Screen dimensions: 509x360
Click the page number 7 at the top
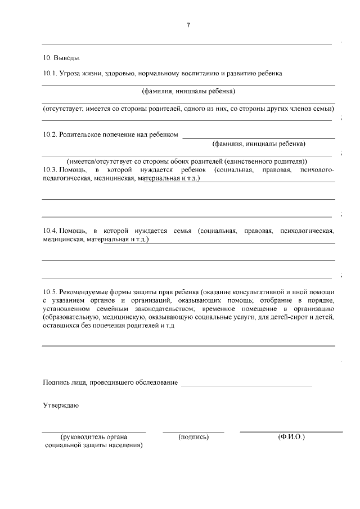[x=188, y=25]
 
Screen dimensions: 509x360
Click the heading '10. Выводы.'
[x=61, y=57]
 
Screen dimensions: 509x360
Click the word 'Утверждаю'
[x=60, y=405]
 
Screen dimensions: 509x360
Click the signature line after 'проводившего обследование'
[x=245, y=385]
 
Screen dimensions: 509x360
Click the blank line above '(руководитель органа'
[x=94, y=431]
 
